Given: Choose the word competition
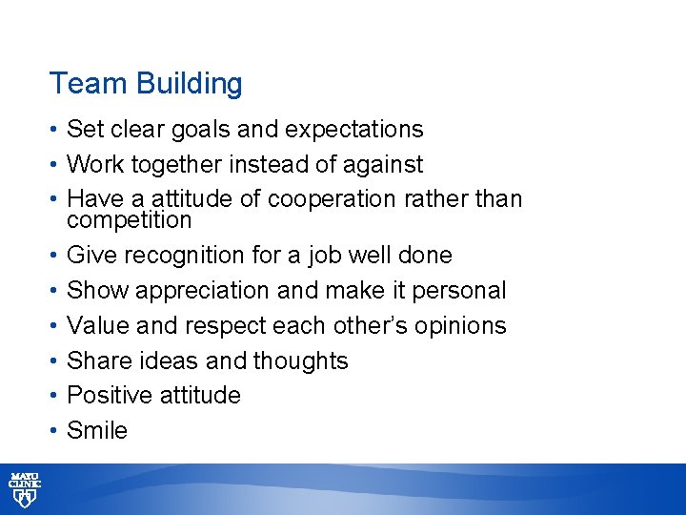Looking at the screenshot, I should pyautogui.click(x=129, y=220).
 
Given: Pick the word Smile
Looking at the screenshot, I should pyautogui.click(x=97, y=430).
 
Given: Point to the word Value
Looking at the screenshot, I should pyautogui.click(x=99, y=325).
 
